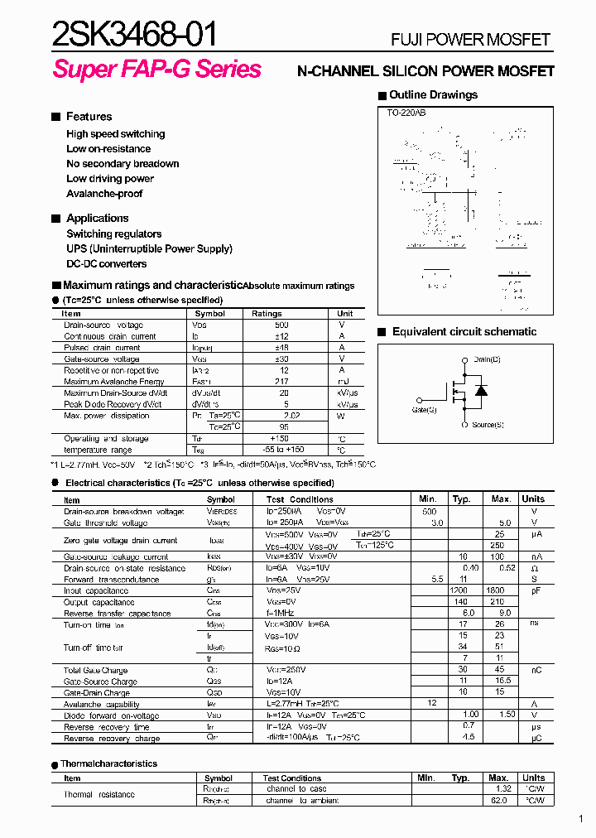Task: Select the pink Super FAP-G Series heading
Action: coord(157,70)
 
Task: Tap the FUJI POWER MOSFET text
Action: coord(470,40)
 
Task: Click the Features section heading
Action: coord(89,117)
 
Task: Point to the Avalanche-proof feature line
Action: coord(104,194)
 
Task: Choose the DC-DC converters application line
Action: coord(106,264)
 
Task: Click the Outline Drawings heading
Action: coord(433,95)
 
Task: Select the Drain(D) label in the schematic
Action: coord(487,359)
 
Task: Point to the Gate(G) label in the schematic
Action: coord(425,410)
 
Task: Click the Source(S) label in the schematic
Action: coord(488,425)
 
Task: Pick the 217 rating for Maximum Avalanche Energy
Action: coord(284,382)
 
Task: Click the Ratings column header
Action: coord(267,314)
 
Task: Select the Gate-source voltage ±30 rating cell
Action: coord(284,359)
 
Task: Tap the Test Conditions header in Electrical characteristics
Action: coord(300,499)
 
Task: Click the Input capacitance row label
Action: coord(96,591)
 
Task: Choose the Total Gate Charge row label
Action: coord(95,670)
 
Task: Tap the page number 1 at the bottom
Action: coord(581,820)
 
